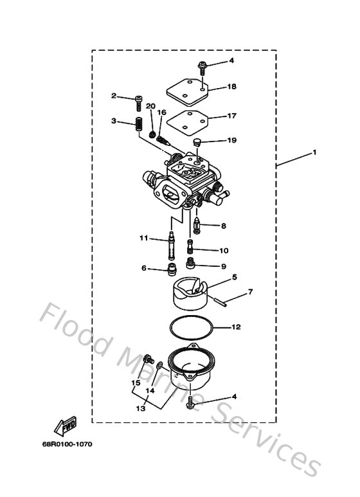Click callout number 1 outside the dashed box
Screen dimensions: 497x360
pyautogui.click(x=315, y=152)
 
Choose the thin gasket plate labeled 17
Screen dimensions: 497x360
pyautogui.click(x=183, y=121)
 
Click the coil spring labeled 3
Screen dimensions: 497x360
pyautogui.click(x=138, y=125)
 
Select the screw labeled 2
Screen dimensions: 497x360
pyautogui.click(x=138, y=99)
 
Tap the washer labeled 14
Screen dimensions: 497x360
pyautogui.click(x=159, y=366)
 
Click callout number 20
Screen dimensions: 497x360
pyautogui.click(x=150, y=107)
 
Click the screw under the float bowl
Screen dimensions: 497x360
pyautogui.click(x=192, y=402)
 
